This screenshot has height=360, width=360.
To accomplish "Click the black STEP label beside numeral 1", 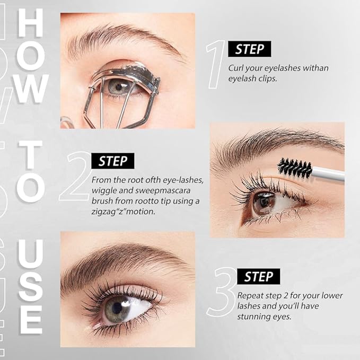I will pos(249,49).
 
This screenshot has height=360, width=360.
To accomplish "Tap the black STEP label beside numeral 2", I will pos(112,161).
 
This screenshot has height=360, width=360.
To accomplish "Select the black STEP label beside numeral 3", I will pos(258,276).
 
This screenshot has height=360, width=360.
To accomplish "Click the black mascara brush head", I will pos(295,169).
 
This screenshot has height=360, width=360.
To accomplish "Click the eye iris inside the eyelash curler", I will pos(117,86).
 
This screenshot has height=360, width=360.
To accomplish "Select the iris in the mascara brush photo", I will pos(264,203).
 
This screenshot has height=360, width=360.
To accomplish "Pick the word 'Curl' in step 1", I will pos(236,68).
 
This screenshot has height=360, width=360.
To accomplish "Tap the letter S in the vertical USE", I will pos(30,287).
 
